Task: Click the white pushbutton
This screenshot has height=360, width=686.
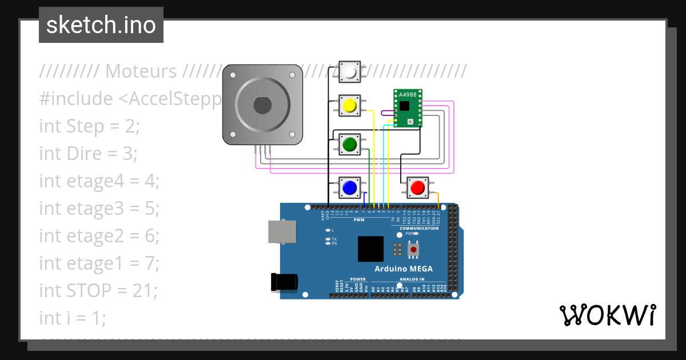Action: coord(350,72)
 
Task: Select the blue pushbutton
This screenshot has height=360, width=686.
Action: coord(349,187)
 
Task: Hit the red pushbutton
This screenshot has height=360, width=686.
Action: coord(418,187)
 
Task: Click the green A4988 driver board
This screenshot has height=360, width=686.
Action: coord(408,109)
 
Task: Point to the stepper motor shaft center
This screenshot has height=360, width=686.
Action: coord(262,105)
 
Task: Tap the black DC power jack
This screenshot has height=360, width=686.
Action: coord(285,282)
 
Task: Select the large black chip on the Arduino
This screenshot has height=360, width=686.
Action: coord(370,249)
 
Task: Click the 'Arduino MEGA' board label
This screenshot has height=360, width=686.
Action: coord(404,269)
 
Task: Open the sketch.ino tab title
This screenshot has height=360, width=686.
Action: coord(101,25)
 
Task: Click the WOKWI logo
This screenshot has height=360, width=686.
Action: coord(607,315)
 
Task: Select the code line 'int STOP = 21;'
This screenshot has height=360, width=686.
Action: coord(98,290)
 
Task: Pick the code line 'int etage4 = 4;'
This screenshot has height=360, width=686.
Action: coord(99,181)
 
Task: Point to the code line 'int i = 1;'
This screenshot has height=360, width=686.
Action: coord(73,318)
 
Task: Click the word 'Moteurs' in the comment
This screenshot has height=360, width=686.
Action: coord(141,71)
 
